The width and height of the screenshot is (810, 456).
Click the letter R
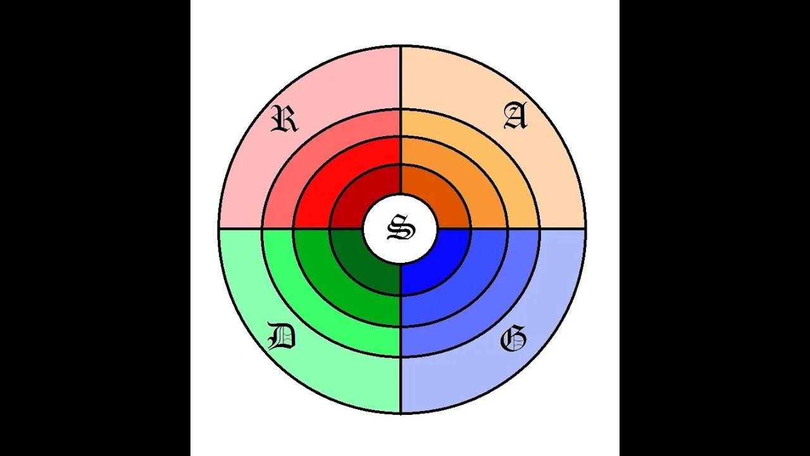[285, 118]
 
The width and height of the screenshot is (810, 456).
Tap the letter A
[516, 116]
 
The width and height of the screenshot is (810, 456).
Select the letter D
[282, 336]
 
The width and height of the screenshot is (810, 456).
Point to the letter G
[513, 338]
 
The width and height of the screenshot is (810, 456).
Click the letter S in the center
[401, 227]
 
